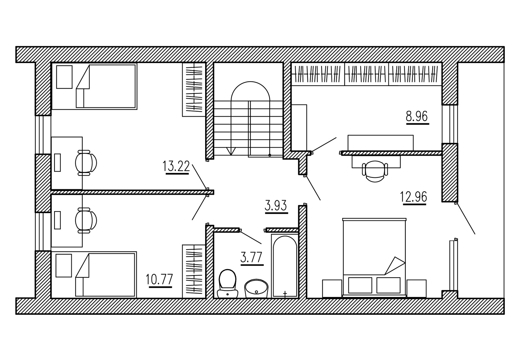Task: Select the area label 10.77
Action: (159, 279)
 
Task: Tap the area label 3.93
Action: (276, 206)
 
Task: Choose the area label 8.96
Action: (417, 116)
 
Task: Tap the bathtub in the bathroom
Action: (285, 266)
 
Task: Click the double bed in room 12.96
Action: (374, 257)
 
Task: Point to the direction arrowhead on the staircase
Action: (231, 151)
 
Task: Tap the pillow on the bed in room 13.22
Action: (64, 77)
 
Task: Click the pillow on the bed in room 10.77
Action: (64, 265)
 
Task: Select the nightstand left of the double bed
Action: (332, 289)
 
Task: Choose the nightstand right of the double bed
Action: (416, 289)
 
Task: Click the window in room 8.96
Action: (450, 124)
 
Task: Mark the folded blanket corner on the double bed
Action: (395, 266)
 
